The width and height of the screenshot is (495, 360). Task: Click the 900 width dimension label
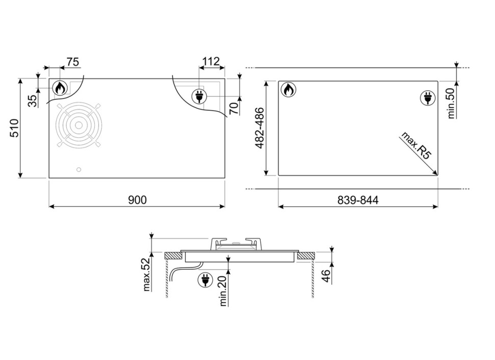click(137, 200)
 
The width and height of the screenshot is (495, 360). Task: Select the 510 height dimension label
click(14, 128)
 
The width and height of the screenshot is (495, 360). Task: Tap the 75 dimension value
click(72, 62)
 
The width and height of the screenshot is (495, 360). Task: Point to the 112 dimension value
click(211, 61)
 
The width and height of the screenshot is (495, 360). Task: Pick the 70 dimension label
click(234, 108)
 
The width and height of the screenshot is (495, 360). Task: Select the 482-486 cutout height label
click(260, 128)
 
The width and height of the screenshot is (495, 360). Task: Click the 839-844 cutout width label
click(358, 200)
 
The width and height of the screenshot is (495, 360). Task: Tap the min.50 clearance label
click(451, 103)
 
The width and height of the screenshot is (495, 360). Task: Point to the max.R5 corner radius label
click(416, 145)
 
